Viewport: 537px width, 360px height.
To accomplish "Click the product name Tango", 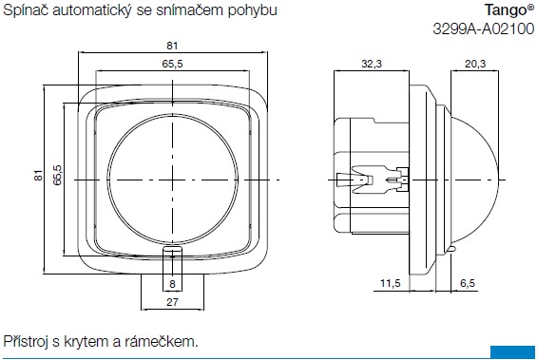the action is (x=507, y=10).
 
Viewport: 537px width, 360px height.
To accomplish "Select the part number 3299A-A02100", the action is (x=483, y=28).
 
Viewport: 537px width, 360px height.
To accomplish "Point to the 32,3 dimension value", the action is (x=372, y=64).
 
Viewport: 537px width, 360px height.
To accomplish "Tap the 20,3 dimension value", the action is (x=475, y=64).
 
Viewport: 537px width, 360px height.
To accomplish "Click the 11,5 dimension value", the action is (x=391, y=283).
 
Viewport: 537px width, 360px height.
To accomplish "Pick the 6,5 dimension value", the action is (x=468, y=283).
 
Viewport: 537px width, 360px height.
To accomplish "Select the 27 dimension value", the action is (x=172, y=302).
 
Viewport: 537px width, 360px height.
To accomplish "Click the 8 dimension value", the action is (x=172, y=284).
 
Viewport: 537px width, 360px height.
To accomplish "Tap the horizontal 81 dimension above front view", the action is (x=172, y=46).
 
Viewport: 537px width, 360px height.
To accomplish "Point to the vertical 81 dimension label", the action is (x=39, y=175).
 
